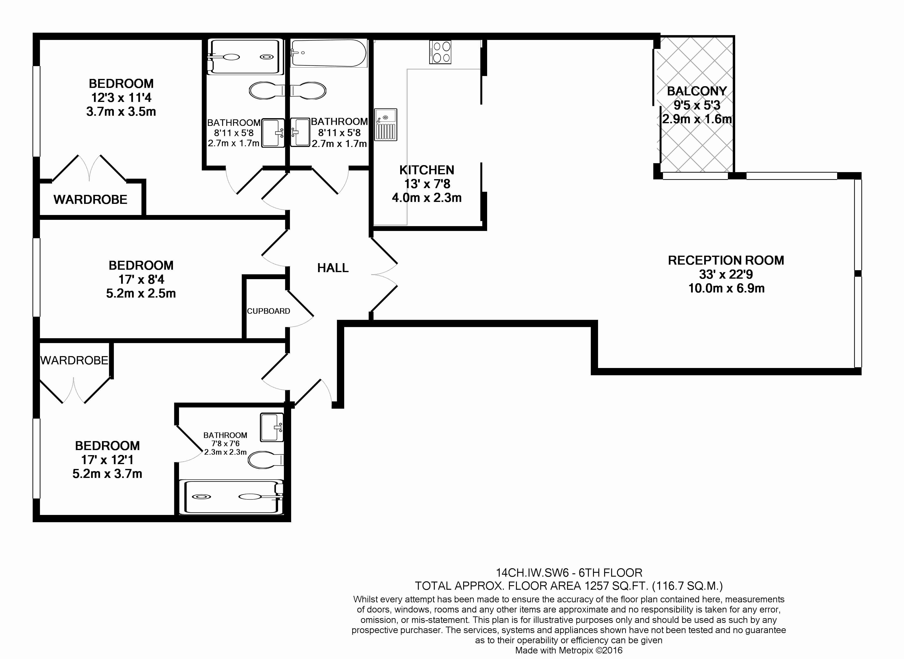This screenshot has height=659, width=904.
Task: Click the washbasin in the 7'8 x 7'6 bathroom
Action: pyautogui.click(x=271, y=427)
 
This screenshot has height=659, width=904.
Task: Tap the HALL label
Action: pyautogui.click(x=333, y=268)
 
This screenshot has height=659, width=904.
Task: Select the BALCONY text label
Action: pyautogui.click(x=696, y=91)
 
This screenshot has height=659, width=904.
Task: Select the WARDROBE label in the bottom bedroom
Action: pyautogui.click(x=74, y=361)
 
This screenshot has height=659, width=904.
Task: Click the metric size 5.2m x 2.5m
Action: pyautogui.click(x=141, y=294)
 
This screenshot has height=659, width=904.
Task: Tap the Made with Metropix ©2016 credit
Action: pyautogui.click(x=569, y=651)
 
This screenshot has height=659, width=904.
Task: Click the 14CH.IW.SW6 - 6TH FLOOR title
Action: pyautogui.click(x=569, y=573)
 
